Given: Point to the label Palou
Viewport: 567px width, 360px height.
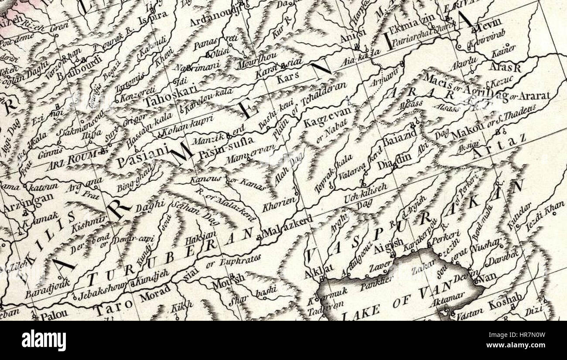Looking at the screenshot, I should [55, 315].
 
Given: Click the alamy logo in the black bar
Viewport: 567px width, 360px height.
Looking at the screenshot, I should [44, 340].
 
